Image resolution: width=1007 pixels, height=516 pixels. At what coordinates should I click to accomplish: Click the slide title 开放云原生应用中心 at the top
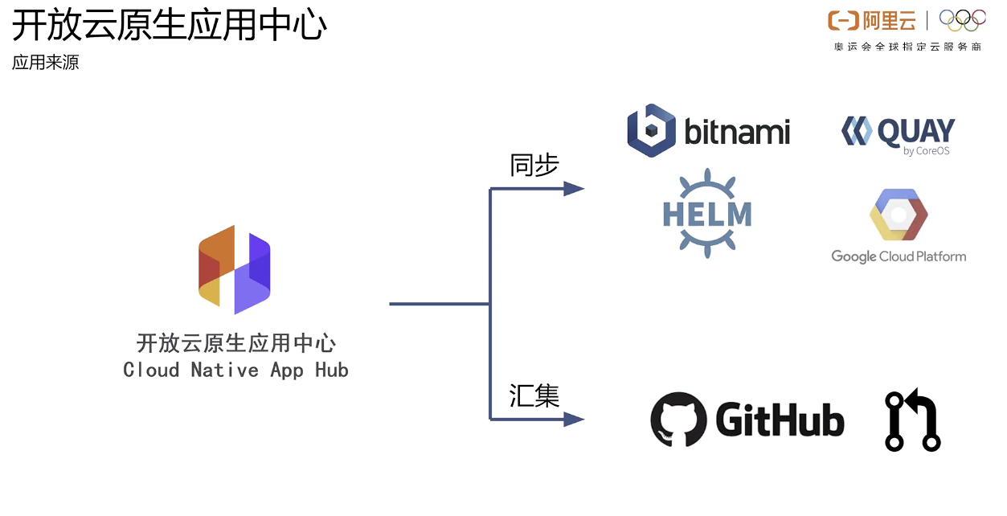[170, 26]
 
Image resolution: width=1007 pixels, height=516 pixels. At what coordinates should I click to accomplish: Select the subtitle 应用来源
[46, 63]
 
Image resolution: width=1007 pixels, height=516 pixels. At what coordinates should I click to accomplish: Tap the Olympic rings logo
[962, 20]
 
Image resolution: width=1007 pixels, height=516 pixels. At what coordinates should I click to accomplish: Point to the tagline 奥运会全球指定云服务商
[907, 47]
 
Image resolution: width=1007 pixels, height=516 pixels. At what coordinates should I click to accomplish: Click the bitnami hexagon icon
[651, 130]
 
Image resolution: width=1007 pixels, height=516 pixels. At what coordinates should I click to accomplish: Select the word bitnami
[737, 132]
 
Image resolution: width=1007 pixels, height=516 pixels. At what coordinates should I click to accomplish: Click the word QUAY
[915, 131]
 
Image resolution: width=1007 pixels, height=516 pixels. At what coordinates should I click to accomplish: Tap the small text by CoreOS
[926, 151]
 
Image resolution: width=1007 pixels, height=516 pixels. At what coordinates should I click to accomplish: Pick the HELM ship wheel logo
[707, 213]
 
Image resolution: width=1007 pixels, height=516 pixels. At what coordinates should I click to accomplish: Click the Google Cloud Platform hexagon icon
[899, 215]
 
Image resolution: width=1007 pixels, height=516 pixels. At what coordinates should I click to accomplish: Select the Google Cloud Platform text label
[899, 256]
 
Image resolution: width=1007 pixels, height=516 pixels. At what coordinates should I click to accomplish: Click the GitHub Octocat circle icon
[678, 420]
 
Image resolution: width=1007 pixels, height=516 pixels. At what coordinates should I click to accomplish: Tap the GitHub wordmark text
[780, 420]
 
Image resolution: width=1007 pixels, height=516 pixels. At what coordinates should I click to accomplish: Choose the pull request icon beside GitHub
[912, 421]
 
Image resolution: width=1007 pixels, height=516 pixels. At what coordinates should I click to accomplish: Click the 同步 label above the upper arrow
[534, 166]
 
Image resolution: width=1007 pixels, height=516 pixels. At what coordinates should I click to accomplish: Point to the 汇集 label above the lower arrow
[534, 395]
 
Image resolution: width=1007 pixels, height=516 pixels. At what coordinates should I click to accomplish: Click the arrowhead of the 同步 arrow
[574, 189]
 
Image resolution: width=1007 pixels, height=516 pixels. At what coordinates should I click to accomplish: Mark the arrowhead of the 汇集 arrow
[574, 419]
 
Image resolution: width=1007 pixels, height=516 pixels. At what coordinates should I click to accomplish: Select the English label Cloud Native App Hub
[235, 370]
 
